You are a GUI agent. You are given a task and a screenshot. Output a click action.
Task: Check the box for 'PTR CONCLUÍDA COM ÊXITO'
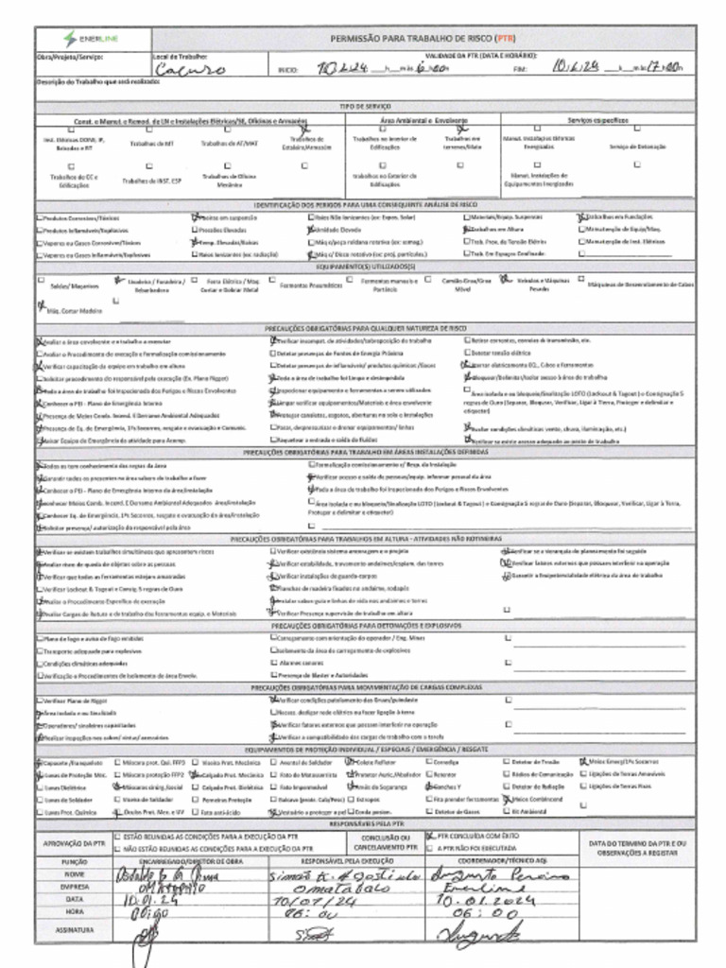(430, 836)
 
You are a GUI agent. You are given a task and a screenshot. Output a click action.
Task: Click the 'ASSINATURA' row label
(74, 930)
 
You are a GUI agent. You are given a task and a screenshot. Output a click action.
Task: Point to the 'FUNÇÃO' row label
(74, 862)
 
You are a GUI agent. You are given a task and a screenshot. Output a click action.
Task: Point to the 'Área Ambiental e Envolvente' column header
(423, 120)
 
